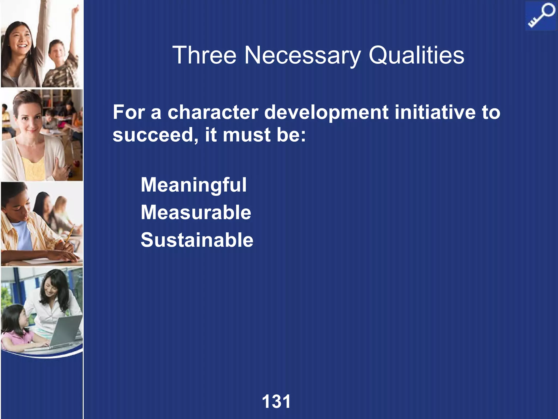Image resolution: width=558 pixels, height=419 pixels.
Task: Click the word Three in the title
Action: tap(204, 55)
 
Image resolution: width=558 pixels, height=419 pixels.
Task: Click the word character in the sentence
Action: tap(213, 112)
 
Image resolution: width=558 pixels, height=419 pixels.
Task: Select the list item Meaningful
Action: tap(194, 185)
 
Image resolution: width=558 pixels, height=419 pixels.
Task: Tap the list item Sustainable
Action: tap(197, 240)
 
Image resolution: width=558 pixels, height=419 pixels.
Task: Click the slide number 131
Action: tap(276, 401)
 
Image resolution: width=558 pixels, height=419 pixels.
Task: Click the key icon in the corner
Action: tap(541, 16)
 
